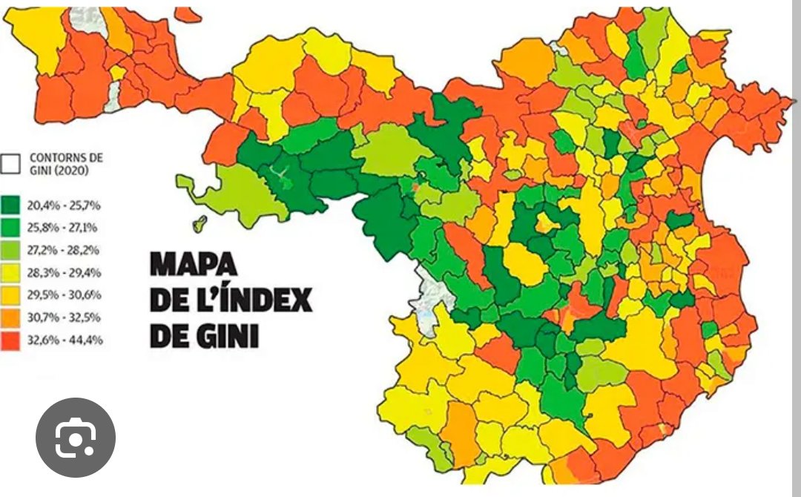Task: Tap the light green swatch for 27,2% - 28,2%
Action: pyautogui.click(x=11, y=249)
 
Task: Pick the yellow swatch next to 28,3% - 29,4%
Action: pyautogui.click(x=11, y=272)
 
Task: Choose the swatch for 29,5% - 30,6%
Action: pyautogui.click(x=11, y=294)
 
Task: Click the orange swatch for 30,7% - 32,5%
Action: pyautogui.click(x=11, y=317)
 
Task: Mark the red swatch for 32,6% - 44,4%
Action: pyautogui.click(x=11, y=340)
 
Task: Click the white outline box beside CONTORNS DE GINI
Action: pyautogui.click(x=11, y=164)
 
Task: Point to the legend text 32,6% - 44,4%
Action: pyautogui.click(x=65, y=340)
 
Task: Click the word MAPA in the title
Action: pyautogui.click(x=193, y=265)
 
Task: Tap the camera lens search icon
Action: pyautogui.click(x=75, y=438)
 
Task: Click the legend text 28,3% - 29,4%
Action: pyautogui.click(x=65, y=272)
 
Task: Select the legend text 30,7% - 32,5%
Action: pyautogui.click(x=65, y=317)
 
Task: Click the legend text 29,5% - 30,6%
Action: pyautogui.click(x=65, y=294)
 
